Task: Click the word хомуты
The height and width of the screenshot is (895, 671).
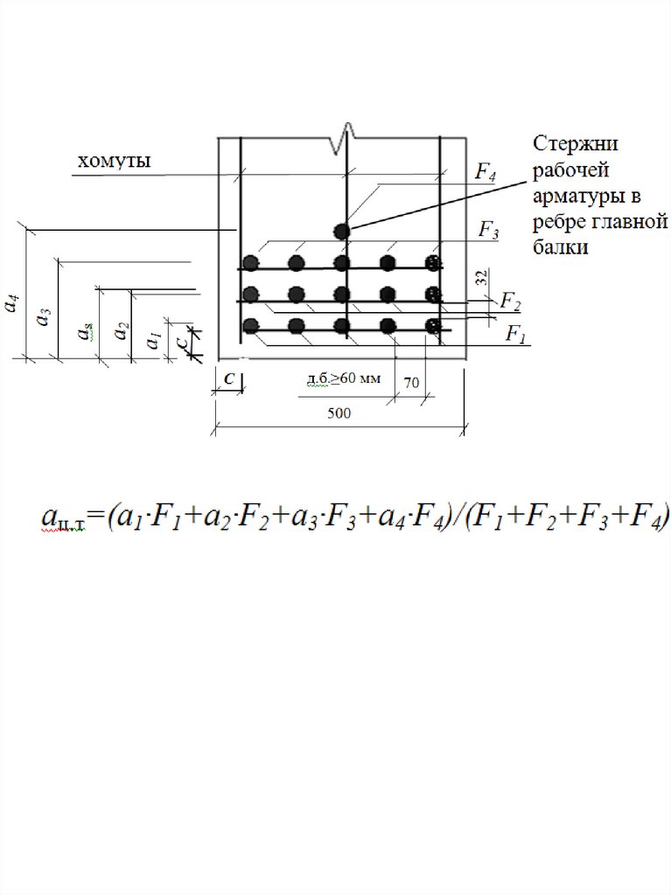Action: coord(115,162)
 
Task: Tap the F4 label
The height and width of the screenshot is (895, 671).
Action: coord(486,172)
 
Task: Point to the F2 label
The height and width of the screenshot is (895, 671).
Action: coord(510,302)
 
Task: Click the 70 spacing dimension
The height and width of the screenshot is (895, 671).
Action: coord(410,383)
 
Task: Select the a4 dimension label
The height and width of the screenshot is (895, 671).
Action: coord(11,303)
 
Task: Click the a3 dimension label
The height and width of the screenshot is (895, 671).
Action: coord(42,317)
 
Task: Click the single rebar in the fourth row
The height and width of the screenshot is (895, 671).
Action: coord(342,231)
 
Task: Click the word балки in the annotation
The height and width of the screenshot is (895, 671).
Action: coord(556,247)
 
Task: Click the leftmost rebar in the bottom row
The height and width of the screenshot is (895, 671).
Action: coord(252,326)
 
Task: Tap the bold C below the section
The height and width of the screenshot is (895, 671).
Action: coord(227,379)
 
